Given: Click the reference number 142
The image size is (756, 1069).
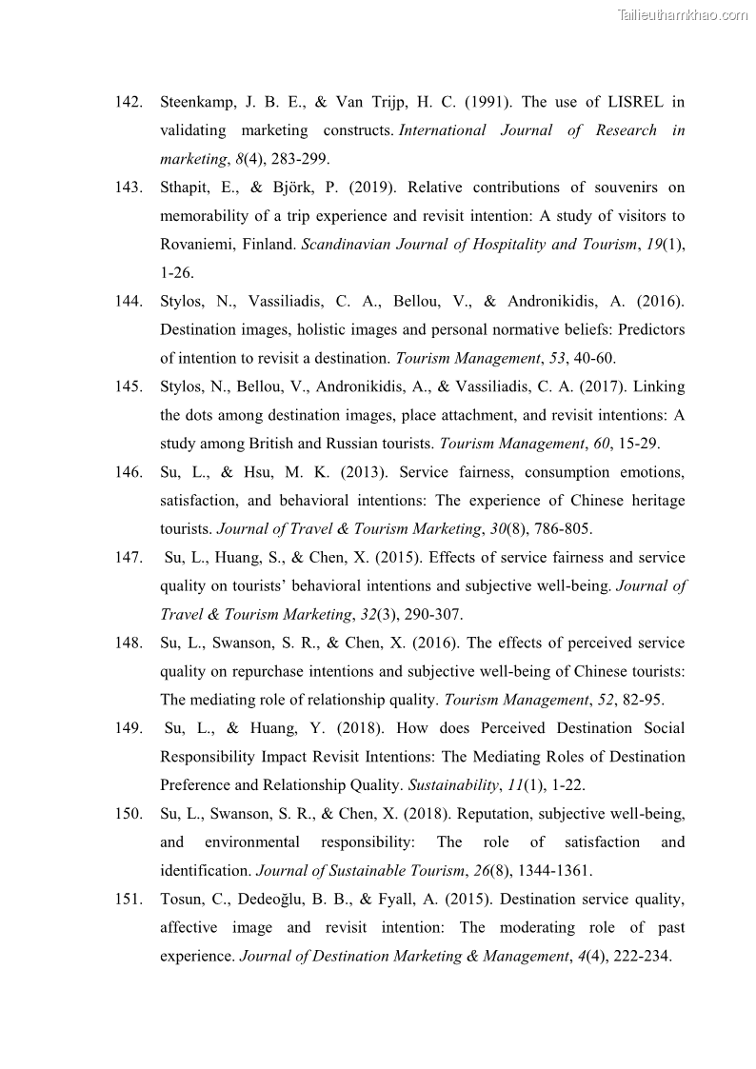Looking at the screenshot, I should pos(129,102).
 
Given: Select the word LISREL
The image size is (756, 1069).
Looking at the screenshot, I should pos(638,102).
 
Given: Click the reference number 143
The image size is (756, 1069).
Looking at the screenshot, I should pos(129,188).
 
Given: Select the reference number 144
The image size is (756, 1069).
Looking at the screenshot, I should pos(129,302).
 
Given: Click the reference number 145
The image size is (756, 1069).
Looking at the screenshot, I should pos(129,387).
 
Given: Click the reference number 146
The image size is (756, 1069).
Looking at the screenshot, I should pos(129,472).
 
